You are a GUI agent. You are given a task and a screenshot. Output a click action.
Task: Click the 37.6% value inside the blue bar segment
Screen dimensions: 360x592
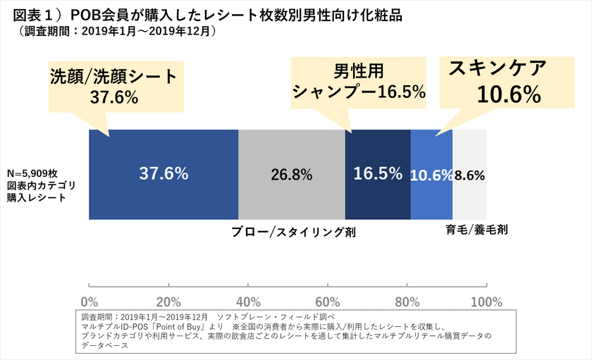(x=164, y=174)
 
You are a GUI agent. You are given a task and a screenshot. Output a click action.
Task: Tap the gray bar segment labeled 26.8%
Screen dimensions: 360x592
(x=291, y=175)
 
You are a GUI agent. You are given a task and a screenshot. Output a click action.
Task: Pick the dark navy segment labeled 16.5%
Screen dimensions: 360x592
(x=378, y=175)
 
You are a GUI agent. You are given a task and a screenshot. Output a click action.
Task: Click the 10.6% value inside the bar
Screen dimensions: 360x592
(x=431, y=175)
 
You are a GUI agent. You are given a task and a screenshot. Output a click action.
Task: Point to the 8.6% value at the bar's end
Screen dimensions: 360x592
(x=469, y=175)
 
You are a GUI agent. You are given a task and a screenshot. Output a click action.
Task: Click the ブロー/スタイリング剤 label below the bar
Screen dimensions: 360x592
(x=293, y=231)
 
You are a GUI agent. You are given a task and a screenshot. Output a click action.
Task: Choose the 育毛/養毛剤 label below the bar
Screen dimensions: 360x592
(x=477, y=230)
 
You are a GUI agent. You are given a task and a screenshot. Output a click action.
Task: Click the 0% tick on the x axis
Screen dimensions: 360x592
(x=89, y=302)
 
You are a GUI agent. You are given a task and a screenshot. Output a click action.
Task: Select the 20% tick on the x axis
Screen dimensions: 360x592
(x=168, y=302)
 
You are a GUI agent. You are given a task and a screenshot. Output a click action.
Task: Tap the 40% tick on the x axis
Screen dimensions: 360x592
(x=248, y=302)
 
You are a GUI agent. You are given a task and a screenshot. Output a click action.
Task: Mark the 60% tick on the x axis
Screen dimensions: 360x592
(x=328, y=302)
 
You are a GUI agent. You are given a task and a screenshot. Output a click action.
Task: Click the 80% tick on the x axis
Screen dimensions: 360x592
(x=407, y=302)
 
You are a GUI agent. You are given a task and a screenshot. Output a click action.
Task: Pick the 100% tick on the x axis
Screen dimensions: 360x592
(x=486, y=302)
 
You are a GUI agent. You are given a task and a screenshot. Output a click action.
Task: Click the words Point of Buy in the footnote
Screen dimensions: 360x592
(x=175, y=326)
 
